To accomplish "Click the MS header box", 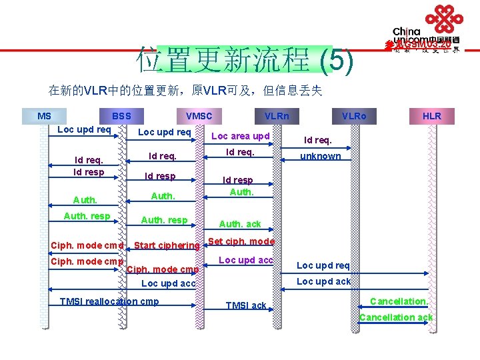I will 44,116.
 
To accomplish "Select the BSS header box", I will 121,116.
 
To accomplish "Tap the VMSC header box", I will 199,116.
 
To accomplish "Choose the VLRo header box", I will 354,116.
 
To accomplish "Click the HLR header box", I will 432,116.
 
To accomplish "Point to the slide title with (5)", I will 244,60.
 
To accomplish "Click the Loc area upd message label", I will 240,136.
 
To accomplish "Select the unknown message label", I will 321,156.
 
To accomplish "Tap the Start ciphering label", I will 167,245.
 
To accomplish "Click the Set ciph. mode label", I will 241,241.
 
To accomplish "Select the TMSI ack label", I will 245,305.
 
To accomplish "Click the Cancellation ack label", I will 396,317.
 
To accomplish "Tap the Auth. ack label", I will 240,224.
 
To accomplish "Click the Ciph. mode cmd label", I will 87,245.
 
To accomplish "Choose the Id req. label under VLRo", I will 318,140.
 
